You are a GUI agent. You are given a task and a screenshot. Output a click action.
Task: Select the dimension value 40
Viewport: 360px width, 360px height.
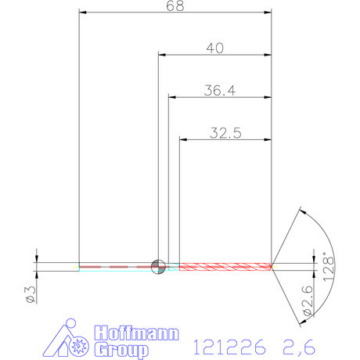[215, 48]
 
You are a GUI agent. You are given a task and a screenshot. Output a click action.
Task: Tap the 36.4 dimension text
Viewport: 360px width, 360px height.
[219, 91]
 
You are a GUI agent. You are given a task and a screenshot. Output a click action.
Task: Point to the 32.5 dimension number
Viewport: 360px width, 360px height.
[225, 133]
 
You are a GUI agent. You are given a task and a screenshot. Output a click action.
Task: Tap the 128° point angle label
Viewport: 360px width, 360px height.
[329, 266]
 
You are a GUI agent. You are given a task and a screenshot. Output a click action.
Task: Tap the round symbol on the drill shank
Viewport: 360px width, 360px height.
[158, 266]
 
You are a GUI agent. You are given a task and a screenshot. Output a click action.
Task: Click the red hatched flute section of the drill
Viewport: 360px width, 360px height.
[225, 266]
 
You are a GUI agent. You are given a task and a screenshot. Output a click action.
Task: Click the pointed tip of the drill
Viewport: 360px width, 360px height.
[273, 266]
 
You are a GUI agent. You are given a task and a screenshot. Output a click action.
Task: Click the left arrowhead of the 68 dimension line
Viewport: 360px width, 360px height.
[84, 13]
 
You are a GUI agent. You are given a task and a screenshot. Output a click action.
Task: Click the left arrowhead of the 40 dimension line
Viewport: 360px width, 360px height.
[163, 55]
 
